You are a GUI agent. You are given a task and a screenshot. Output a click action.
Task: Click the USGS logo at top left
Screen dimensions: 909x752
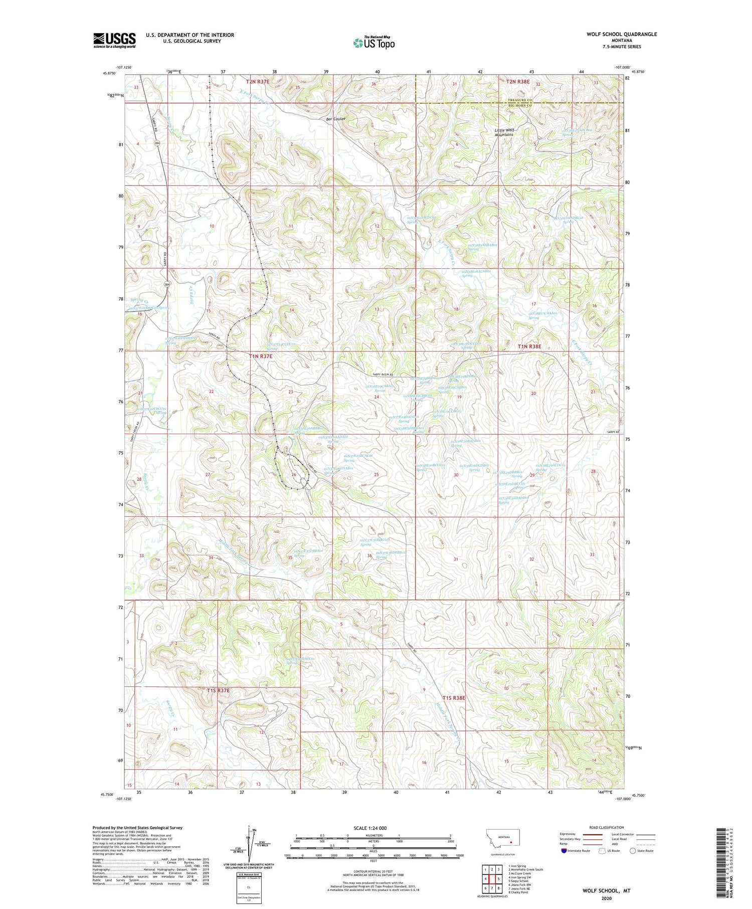coord(114,40)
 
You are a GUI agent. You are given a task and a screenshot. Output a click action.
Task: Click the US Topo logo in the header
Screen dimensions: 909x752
coord(373,43)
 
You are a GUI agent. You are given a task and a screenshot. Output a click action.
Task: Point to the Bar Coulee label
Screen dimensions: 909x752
coord(336,119)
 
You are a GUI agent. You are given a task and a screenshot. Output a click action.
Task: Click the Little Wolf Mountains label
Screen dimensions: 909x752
coord(505,132)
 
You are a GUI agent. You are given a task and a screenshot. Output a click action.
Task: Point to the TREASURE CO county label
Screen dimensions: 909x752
coord(518,100)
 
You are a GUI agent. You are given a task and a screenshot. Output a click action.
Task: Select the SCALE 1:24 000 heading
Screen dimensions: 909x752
coord(370,828)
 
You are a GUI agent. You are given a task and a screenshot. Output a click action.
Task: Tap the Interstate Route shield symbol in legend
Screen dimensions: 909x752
coord(564,851)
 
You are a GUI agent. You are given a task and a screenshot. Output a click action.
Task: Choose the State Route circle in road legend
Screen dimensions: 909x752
coord(633,851)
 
